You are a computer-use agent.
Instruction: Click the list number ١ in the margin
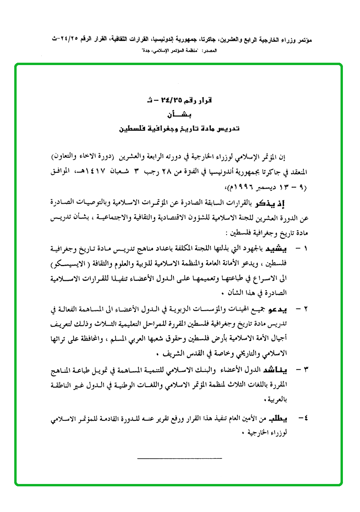point(305,248)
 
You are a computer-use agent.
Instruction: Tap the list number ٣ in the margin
point(305,369)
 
